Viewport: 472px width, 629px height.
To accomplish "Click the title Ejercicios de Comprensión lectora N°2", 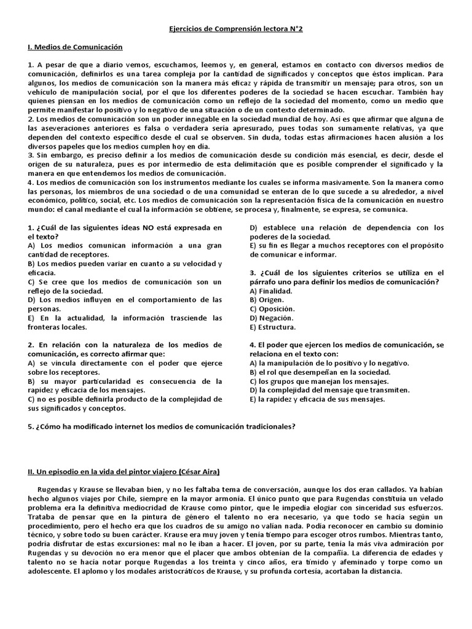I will pos(236,28).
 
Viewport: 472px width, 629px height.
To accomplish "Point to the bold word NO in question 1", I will pos(149,227).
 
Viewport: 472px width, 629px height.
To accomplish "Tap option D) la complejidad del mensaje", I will pos(329,390).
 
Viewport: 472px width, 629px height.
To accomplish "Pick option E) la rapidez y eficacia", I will pos(317,399).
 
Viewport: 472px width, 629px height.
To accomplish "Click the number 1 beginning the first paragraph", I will pos(30,64).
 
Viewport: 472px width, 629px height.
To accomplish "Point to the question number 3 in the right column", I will pos(252,273).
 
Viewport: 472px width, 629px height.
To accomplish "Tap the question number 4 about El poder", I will pos(252,345).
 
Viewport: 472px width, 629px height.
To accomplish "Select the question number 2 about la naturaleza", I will pos(30,345).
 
